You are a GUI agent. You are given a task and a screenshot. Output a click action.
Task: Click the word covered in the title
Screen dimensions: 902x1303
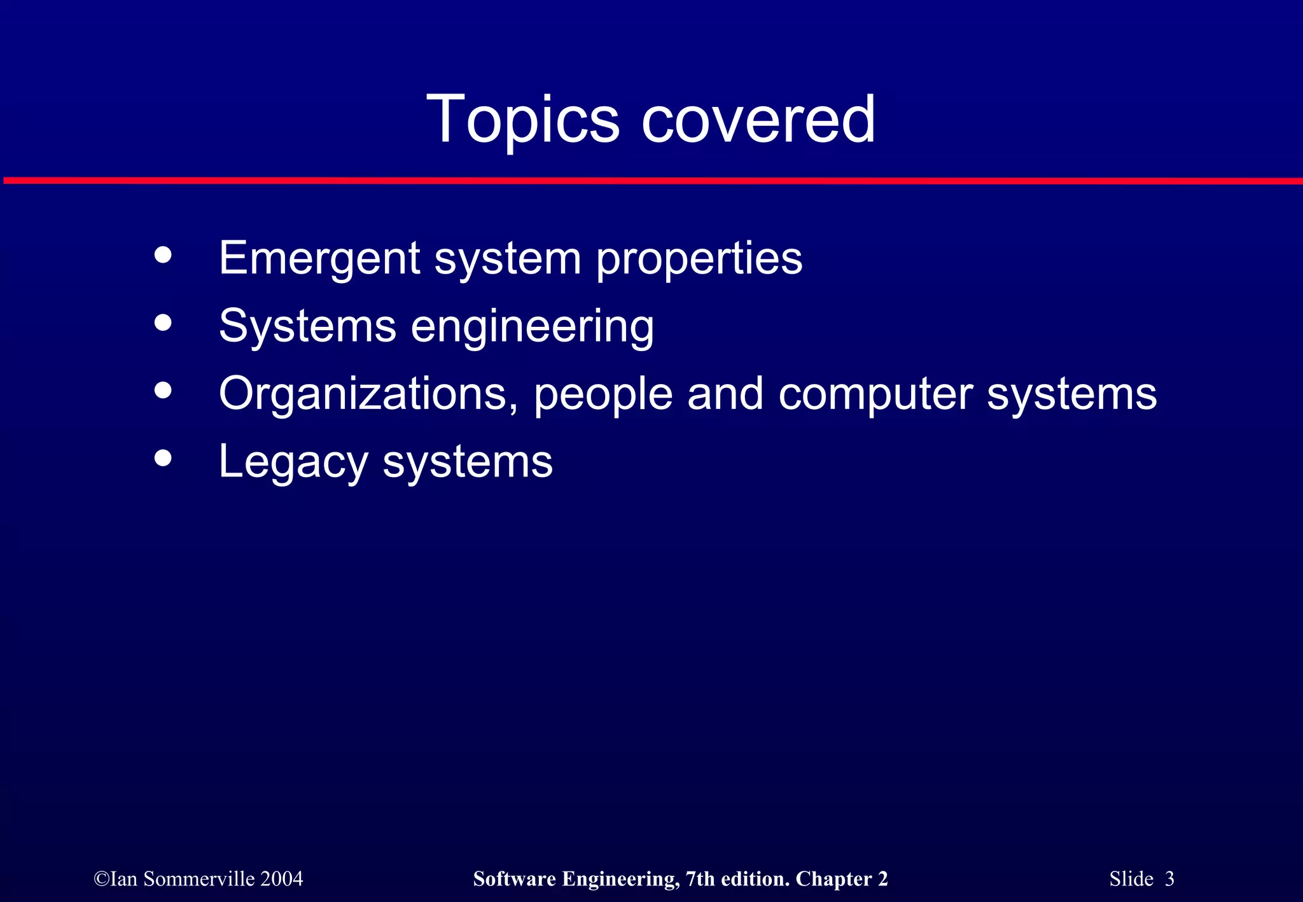click(x=758, y=120)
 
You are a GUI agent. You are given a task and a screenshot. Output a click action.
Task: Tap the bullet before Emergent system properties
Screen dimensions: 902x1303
click(x=164, y=255)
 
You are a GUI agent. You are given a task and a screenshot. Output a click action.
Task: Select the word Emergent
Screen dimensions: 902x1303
click(x=319, y=259)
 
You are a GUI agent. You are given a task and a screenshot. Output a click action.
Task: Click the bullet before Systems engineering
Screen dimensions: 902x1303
click(x=164, y=323)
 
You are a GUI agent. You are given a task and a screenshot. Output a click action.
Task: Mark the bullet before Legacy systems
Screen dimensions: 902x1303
click(x=164, y=458)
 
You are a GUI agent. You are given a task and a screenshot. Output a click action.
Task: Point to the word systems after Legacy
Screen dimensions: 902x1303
click(x=468, y=462)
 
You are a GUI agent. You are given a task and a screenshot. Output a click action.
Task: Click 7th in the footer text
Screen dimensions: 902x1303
click(x=700, y=879)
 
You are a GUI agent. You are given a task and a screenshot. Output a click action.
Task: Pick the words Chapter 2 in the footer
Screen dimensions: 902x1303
click(x=841, y=879)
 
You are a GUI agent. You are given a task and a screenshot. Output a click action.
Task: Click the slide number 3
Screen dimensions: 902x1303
click(x=1169, y=879)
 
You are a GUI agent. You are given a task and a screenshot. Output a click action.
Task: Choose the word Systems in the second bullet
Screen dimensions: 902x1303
click(x=307, y=327)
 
